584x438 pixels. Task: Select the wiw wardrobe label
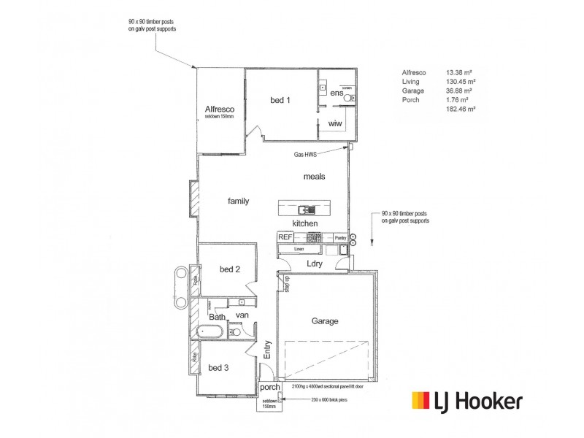(x=335, y=123)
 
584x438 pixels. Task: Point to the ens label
(x=336, y=93)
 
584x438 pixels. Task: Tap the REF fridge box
(x=285, y=237)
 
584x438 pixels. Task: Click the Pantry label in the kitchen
(x=339, y=238)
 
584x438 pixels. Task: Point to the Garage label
(x=325, y=320)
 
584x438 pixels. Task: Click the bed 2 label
(x=230, y=269)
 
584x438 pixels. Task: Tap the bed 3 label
(x=218, y=368)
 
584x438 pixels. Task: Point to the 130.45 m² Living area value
(x=461, y=82)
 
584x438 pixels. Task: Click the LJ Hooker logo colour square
(x=421, y=401)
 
